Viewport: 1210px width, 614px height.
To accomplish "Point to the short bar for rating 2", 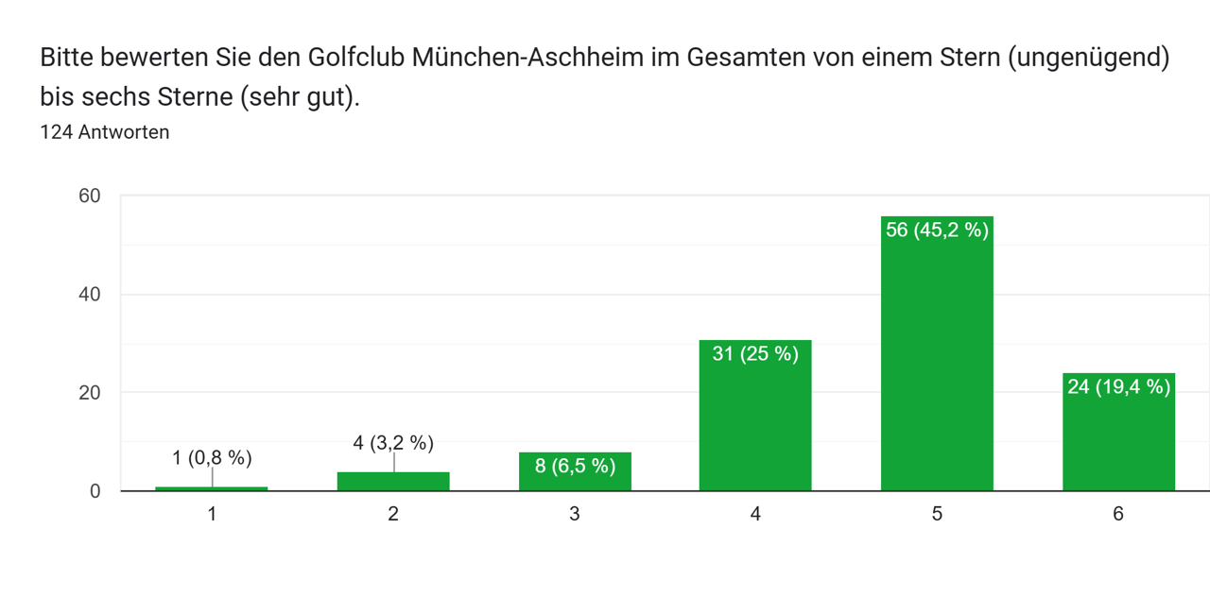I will (393, 482).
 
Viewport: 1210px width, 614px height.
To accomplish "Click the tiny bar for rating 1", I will (212, 488).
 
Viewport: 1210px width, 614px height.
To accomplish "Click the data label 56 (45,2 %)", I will (937, 230).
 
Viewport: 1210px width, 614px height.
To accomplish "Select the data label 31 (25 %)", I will (755, 354).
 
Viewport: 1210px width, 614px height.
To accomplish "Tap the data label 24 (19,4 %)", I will (1118, 386).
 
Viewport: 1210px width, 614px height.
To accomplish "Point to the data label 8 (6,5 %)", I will (575, 466).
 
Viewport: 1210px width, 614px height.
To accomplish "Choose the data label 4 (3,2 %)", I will (393, 442).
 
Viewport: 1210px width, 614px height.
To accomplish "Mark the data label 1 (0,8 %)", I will (212, 458).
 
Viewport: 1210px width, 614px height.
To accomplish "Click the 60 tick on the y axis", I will (90, 196).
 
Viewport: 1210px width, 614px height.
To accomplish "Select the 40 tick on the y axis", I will (90, 295).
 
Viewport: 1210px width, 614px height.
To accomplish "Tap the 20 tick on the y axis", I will (90, 393).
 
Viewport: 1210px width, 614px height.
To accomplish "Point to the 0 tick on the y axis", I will (95, 491).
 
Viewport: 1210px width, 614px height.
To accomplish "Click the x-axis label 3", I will (575, 514).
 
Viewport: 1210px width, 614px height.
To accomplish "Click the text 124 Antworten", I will (105, 132).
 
